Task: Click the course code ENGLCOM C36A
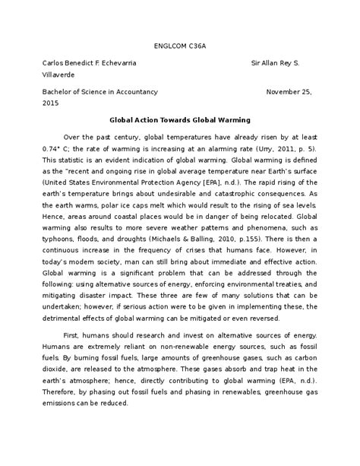180,46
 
